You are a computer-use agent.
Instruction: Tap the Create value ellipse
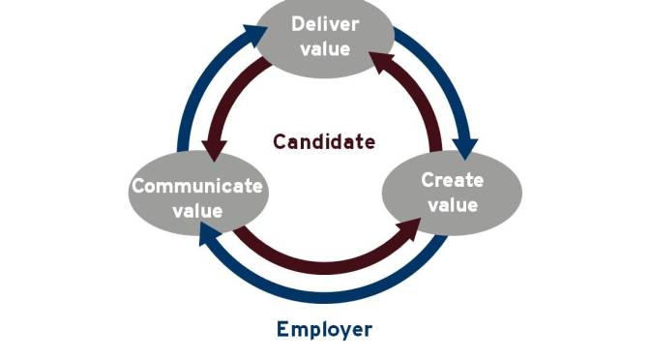coord(452,191)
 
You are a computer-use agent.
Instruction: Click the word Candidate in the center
coord(323,141)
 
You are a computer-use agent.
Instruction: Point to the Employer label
coord(324,329)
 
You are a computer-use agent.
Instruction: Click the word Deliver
coord(325,23)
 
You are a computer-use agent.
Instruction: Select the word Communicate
coord(197,186)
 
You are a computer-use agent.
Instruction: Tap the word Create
coord(453,179)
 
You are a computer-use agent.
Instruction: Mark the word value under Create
coord(453,204)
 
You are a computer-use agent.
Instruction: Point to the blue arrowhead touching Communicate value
coord(209,231)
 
